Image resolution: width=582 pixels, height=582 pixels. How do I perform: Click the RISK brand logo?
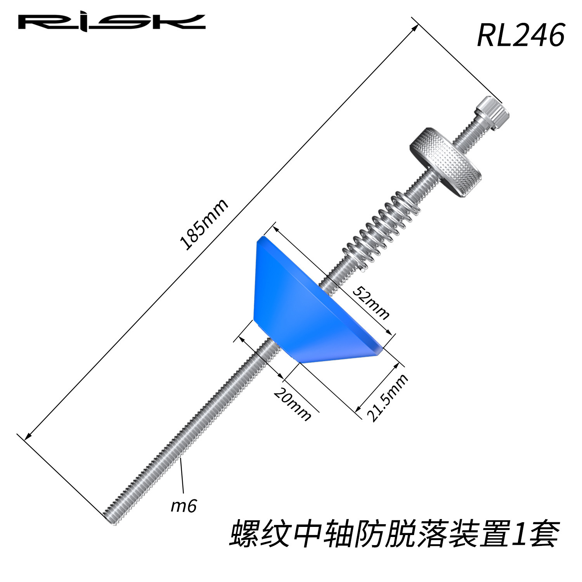click(x=112, y=22)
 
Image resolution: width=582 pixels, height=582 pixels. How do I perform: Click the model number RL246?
click(x=521, y=35)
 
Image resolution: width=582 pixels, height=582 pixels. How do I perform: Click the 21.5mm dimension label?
click(x=388, y=397)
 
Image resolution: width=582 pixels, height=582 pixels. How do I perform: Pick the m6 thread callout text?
click(x=184, y=506)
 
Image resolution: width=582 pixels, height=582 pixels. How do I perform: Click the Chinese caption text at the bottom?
click(x=394, y=535)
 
